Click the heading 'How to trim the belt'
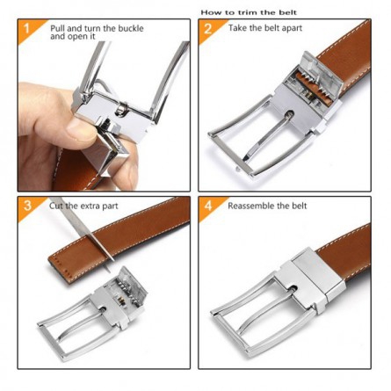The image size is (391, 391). pos(249,12)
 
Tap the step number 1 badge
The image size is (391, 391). pos(27,28)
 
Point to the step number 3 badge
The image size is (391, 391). pos(27,206)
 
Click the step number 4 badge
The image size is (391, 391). pos(208,206)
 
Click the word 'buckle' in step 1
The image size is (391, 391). pos(131,29)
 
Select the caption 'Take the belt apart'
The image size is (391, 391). pos(265,28)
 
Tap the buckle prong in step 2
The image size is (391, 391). pos(267,135)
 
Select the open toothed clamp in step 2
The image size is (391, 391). pos(315,79)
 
